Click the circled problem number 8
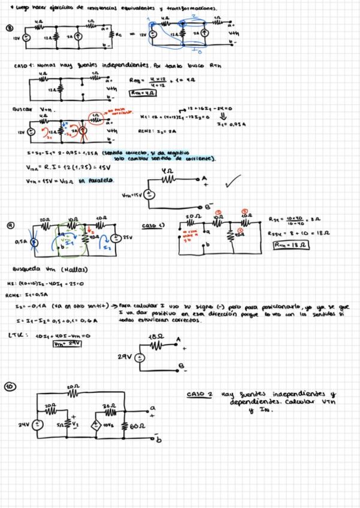click(9, 28)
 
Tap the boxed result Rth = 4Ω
click(142, 93)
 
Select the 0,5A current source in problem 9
click(35, 242)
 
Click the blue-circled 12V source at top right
click(153, 35)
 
